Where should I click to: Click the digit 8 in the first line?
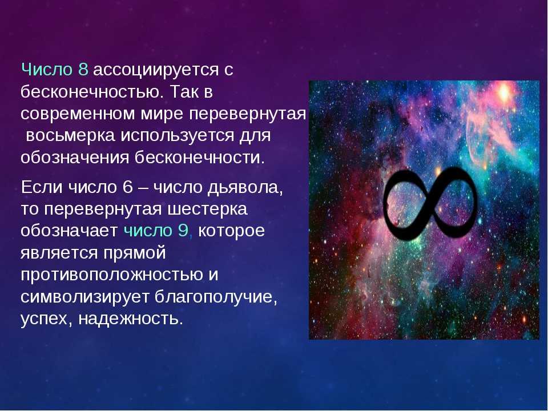pyautogui.click(x=83, y=70)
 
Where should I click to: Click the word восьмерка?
pyautogui.click(x=70, y=136)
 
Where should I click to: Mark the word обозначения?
pyautogui.click(x=75, y=158)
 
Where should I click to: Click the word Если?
pyautogui.click(x=42, y=187)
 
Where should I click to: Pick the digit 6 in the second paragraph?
pyautogui.click(x=128, y=187)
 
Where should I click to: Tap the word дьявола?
pyautogui.click(x=245, y=188)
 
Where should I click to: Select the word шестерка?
pyautogui.click(x=208, y=209)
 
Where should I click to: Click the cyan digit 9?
pyautogui.click(x=183, y=231)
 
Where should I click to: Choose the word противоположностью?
pyautogui.click(x=112, y=275)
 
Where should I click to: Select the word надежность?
pyautogui.click(x=130, y=319)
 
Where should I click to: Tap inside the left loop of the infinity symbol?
pyautogui.click(x=405, y=204)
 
